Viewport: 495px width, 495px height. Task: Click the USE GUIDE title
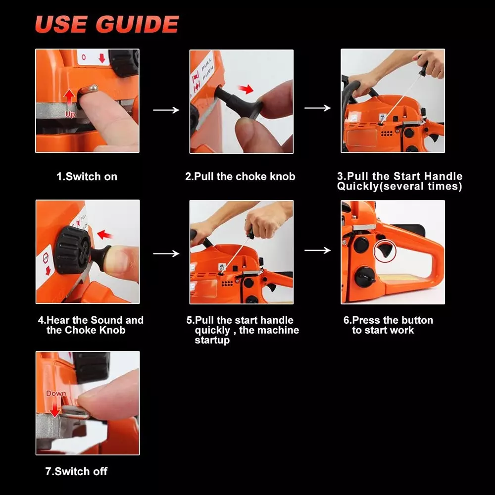(x=107, y=24)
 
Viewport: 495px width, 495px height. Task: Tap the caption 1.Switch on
(x=87, y=177)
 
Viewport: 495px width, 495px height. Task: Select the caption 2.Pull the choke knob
(x=240, y=177)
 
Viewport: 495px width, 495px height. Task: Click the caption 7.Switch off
(x=76, y=471)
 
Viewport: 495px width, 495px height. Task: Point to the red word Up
(x=70, y=114)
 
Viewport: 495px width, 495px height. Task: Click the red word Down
(x=56, y=394)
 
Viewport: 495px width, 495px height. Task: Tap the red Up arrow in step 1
(x=69, y=98)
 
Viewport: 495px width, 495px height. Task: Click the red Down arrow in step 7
(x=55, y=407)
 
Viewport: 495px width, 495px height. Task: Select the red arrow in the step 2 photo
(x=246, y=89)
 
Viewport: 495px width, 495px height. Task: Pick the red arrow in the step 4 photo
(x=105, y=235)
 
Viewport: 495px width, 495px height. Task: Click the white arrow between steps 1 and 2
(x=166, y=110)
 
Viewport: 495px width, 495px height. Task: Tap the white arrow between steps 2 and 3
(x=318, y=108)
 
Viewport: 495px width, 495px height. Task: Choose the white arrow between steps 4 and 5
(x=166, y=253)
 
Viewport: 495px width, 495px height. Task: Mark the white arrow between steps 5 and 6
(x=318, y=250)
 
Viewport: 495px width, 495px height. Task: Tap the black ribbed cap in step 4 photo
(x=73, y=249)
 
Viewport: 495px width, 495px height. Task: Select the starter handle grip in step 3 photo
(x=423, y=68)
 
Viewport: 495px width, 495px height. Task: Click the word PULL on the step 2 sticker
(x=206, y=64)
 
